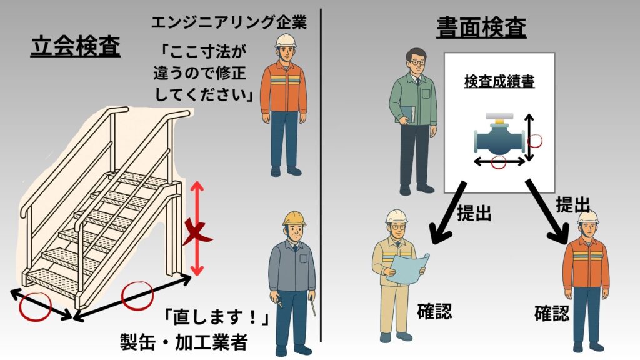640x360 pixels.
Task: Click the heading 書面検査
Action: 481,26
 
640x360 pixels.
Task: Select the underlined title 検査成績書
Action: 499,81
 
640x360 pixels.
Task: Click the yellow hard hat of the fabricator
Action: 293,217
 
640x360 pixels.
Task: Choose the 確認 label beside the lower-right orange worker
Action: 552,312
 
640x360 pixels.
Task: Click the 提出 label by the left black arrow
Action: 474,214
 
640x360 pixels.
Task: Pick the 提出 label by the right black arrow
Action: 573,204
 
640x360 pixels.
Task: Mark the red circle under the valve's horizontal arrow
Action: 499,164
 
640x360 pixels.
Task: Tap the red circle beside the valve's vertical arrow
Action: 536,140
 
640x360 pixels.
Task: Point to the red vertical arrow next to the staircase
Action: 197,228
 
